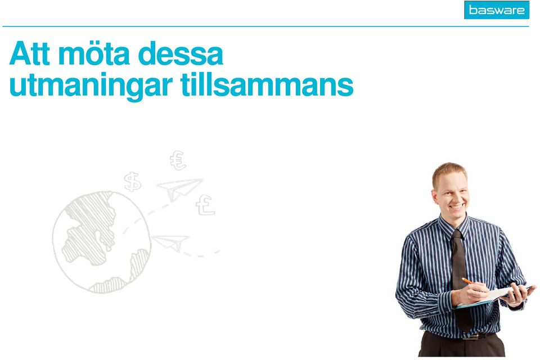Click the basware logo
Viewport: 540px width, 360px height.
coord(496,10)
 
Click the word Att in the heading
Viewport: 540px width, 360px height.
coord(30,54)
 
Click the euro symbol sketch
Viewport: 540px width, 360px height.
coord(178,160)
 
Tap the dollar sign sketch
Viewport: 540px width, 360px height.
coord(133,182)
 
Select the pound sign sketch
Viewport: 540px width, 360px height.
coord(205,205)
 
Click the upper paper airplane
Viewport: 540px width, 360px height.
coord(179,188)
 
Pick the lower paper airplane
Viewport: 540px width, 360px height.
coord(171,242)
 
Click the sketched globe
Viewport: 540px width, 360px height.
coord(102,242)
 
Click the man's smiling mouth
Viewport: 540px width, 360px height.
coord(457,207)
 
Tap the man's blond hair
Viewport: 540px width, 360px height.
coord(449,172)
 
